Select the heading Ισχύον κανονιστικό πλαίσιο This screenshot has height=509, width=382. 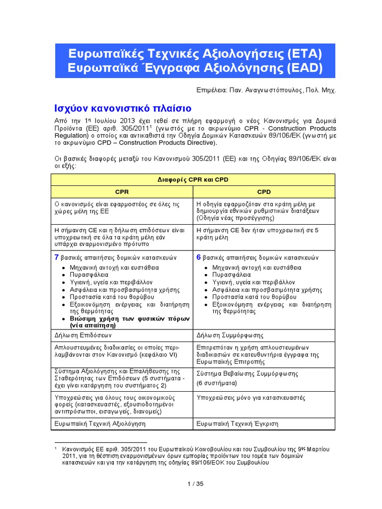(x=122, y=108)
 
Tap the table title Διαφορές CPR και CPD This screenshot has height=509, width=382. (x=193, y=179)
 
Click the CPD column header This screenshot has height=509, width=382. (x=264, y=191)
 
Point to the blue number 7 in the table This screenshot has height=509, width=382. (x=56, y=257)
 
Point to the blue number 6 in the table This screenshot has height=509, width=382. (x=199, y=257)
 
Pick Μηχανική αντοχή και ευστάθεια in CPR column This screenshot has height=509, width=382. (x=109, y=267)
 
